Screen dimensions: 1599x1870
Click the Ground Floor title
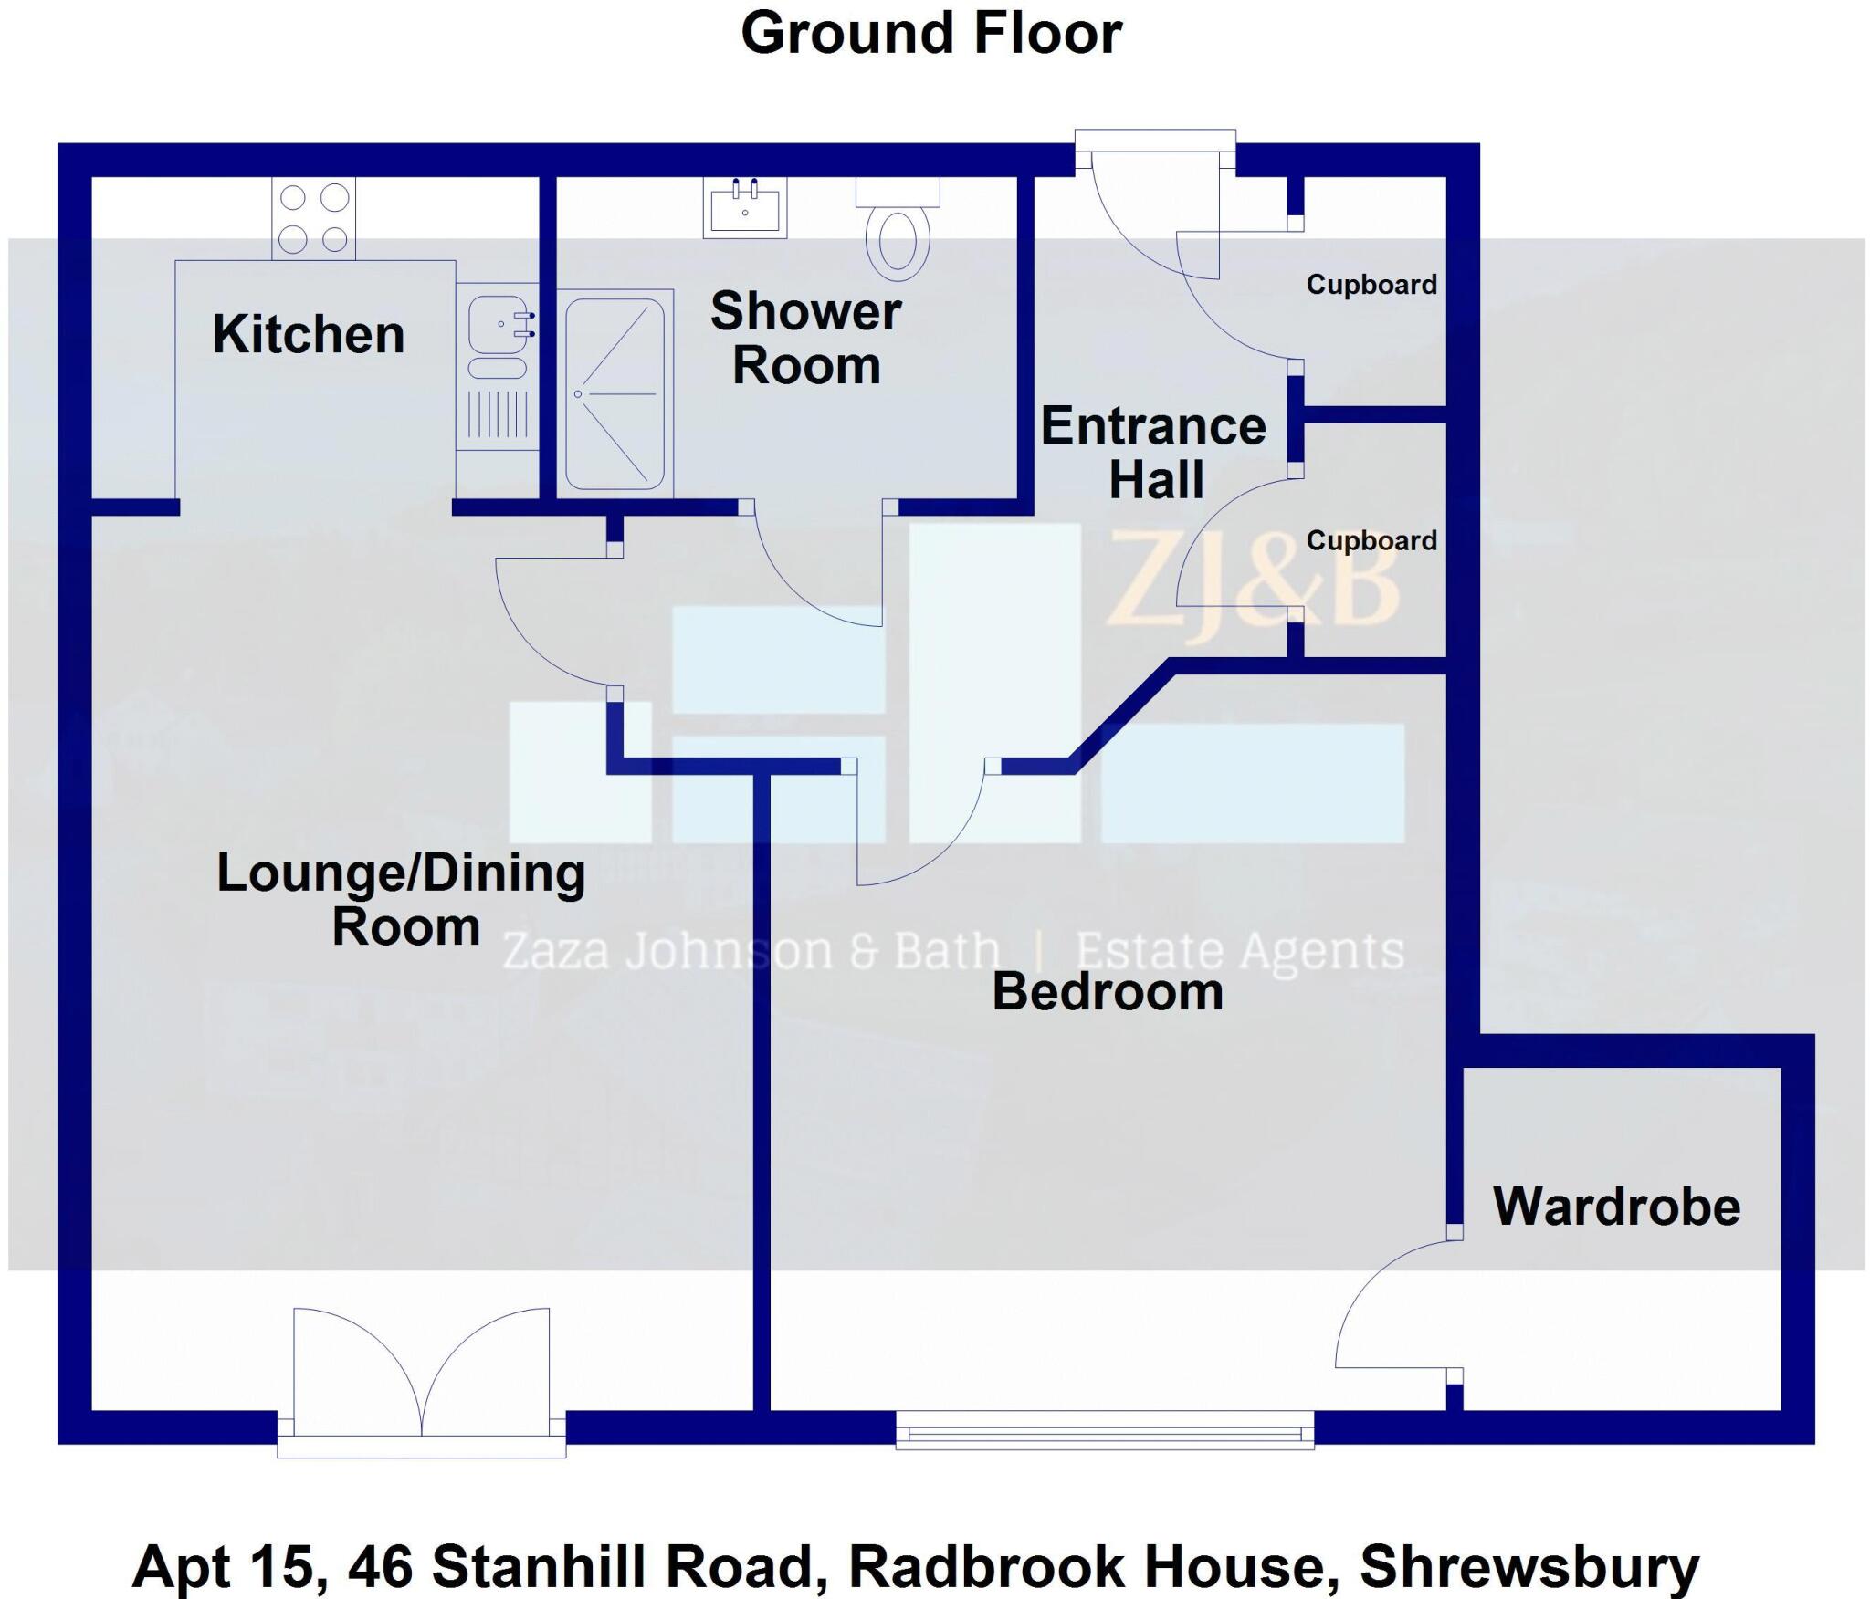930,34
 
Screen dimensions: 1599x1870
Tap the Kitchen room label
309,334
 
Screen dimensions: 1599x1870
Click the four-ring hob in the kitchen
313,218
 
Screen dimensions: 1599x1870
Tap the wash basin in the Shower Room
744,209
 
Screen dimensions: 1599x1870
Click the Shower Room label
806,338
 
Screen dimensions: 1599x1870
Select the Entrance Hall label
1154,453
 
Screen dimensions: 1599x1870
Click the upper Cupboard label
1371,285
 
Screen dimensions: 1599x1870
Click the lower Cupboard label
1371,540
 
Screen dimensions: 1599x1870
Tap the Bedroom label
1107,992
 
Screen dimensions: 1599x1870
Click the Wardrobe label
1616,1207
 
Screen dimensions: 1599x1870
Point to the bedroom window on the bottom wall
1104,1431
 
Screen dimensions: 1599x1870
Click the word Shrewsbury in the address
1529,1566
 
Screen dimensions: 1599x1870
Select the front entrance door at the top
1156,210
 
